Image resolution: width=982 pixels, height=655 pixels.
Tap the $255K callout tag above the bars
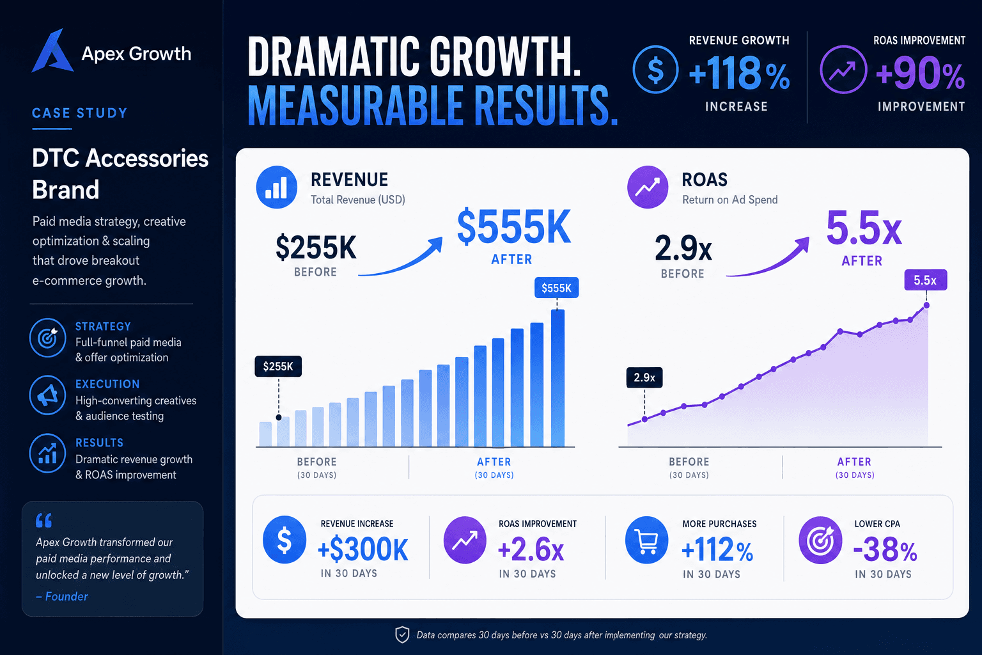[278, 367]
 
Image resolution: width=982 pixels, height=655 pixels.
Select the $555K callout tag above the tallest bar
[556, 288]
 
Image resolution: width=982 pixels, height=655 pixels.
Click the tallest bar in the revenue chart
[557, 378]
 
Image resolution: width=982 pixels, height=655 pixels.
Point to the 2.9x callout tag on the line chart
[644, 377]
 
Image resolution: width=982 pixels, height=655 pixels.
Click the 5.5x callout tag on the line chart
[926, 280]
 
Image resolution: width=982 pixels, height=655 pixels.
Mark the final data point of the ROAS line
[926, 305]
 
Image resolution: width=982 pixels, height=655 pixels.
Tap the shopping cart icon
[646, 540]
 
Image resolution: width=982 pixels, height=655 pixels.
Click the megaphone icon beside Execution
[48, 395]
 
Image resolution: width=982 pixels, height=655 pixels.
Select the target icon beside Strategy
[48, 338]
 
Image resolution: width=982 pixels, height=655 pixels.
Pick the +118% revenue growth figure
[739, 73]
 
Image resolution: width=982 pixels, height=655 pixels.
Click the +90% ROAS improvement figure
[920, 73]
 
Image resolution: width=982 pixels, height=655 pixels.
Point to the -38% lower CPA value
[885, 549]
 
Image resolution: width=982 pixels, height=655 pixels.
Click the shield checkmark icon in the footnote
[402, 635]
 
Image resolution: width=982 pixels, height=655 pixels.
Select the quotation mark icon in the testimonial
[44, 520]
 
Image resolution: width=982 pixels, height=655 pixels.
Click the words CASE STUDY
[80, 113]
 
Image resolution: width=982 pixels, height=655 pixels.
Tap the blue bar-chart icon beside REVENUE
[277, 187]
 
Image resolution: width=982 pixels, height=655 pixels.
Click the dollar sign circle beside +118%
[656, 69]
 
